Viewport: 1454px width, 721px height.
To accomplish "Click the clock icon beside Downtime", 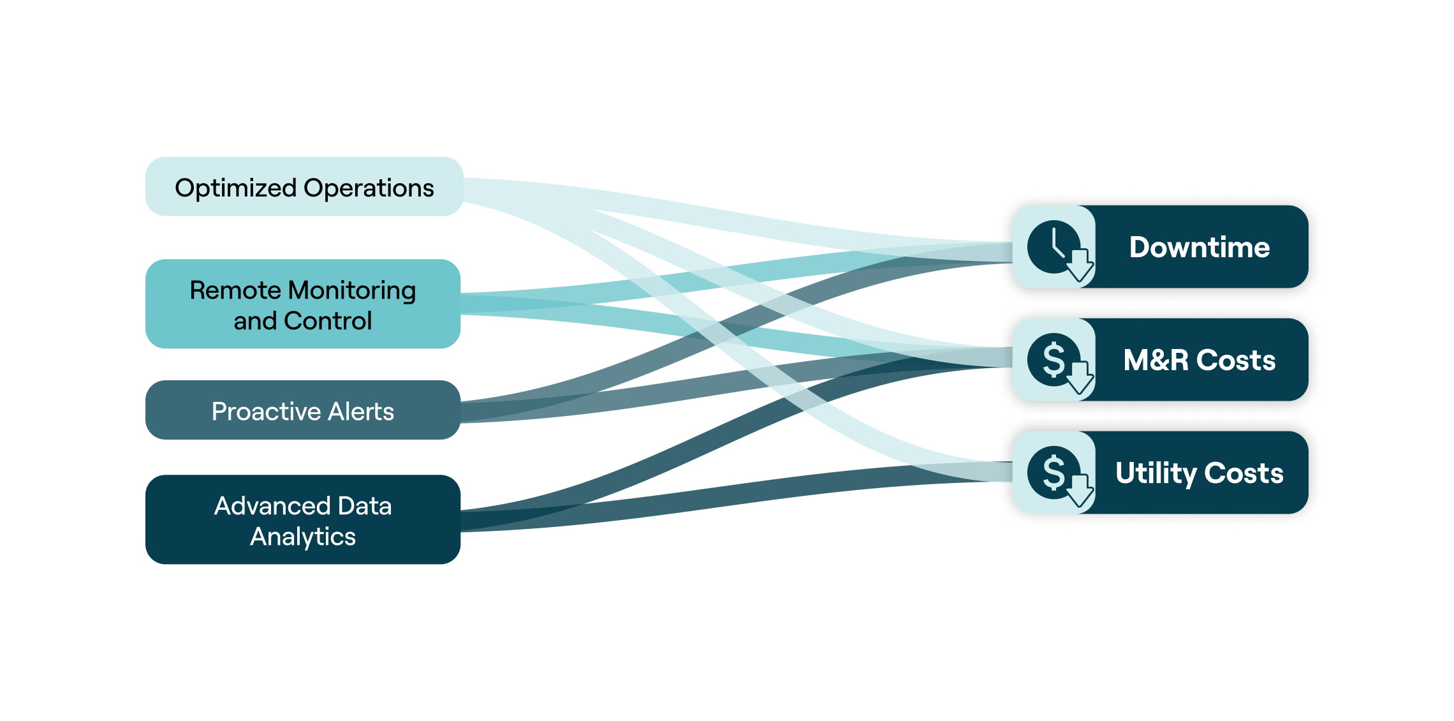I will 1054,246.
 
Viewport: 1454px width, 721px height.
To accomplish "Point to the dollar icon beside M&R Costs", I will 1054,360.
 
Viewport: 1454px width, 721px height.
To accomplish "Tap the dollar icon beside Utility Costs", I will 1054,473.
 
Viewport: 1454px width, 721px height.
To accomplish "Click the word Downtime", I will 1199,247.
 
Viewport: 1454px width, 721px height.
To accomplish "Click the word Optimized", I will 235,188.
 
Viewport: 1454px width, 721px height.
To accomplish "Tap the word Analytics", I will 303,537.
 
